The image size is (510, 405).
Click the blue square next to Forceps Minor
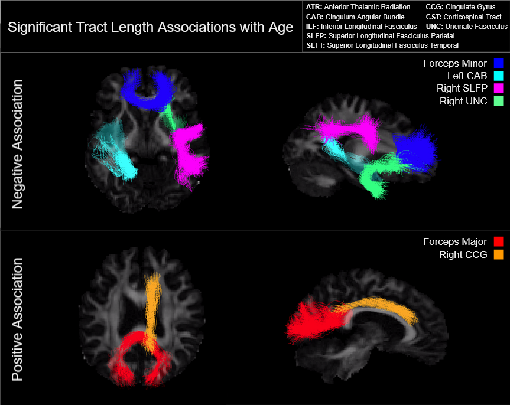click(x=499, y=63)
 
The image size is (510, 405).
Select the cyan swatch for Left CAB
click(x=499, y=76)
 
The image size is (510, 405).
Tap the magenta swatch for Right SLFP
click(x=499, y=89)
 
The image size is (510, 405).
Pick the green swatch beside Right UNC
click(x=499, y=102)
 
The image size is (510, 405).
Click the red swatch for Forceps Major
click(x=499, y=241)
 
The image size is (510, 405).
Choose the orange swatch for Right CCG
click(x=499, y=255)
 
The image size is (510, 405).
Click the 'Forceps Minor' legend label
click(x=454, y=63)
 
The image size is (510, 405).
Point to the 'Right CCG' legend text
click(x=463, y=255)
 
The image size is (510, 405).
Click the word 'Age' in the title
click(x=281, y=27)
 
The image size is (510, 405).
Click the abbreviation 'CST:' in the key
click(x=434, y=17)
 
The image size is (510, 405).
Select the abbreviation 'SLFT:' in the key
click(x=316, y=45)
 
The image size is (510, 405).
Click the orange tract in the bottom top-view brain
click(x=152, y=301)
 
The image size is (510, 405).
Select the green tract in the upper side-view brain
click(x=378, y=177)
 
